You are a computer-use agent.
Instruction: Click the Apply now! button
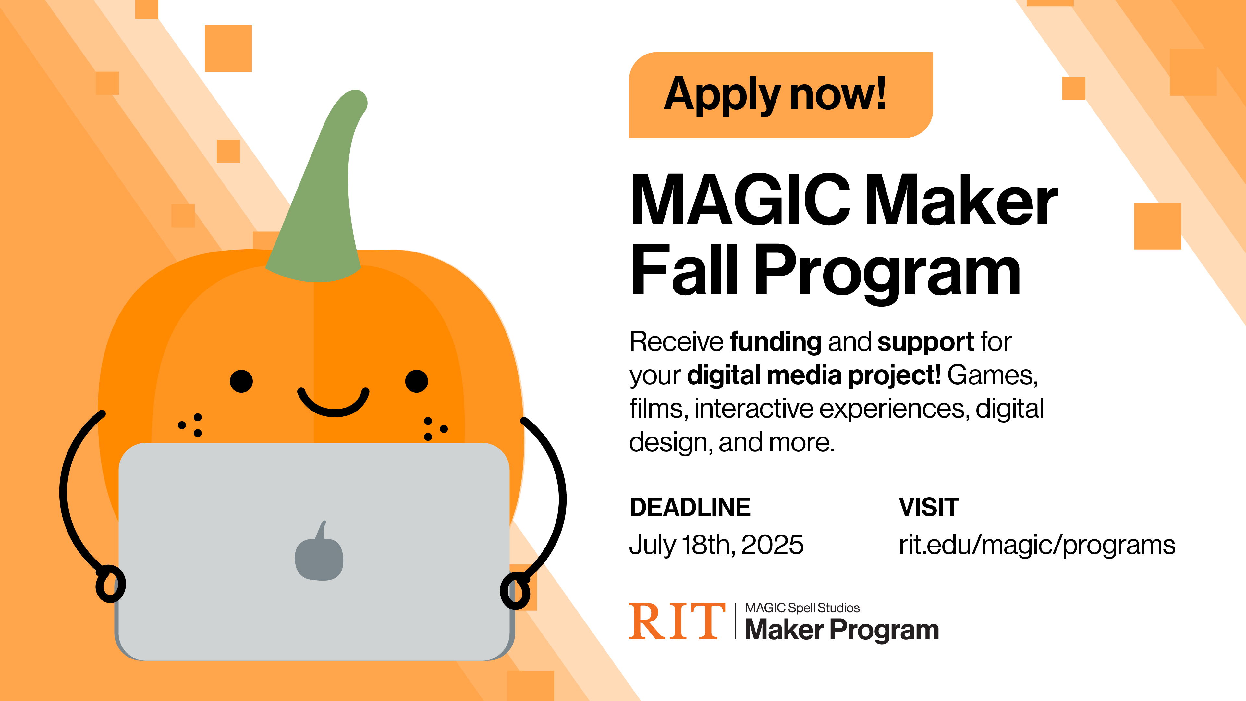[x=781, y=95]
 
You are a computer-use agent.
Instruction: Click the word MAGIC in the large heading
[x=740, y=200]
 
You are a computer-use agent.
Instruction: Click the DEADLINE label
[x=690, y=507]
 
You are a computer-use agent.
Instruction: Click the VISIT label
[x=929, y=507]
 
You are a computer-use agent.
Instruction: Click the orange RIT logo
[x=677, y=621]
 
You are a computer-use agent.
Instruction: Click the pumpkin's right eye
[x=416, y=381]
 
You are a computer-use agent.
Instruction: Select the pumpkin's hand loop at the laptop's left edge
[x=110, y=584]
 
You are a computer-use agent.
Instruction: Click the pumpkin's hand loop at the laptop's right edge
[x=515, y=591]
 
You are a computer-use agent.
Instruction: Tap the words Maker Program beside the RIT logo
[x=842, y=630]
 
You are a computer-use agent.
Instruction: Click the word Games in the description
[x=992, y=376]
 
